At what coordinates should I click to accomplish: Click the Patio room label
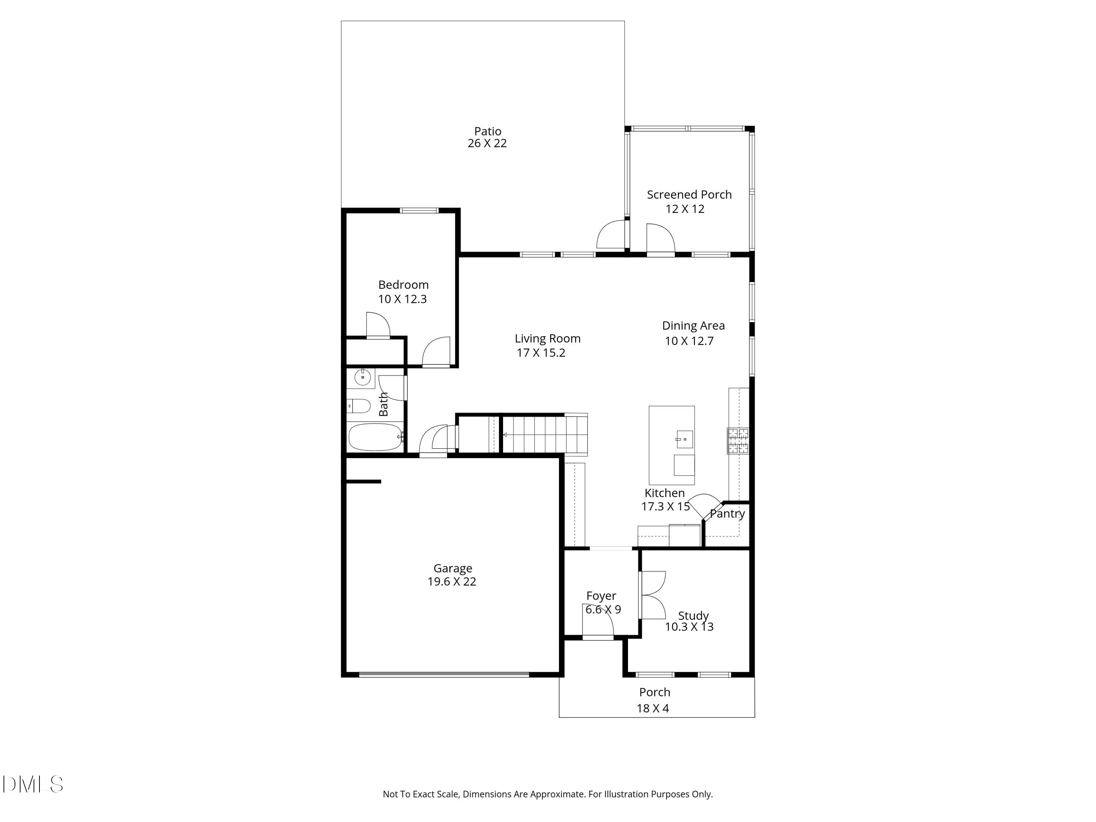click(488, 131)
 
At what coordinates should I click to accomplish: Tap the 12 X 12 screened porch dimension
click(685, 209)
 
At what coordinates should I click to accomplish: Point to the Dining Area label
click(693, 326)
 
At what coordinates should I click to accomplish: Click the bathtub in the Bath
click(376, 437)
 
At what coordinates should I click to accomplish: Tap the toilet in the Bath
click(358, 406)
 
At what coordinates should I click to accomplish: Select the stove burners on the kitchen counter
click(738, 441)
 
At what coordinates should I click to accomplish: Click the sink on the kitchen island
click(684, 439)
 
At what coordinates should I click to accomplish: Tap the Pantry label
click(727, 514)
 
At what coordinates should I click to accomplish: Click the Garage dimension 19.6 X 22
click(452, 582)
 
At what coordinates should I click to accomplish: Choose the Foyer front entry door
click(598, 638)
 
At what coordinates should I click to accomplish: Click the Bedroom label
click(403, 285)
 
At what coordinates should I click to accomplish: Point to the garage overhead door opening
click(444, 674)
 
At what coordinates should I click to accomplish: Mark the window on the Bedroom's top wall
click(419, 210)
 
